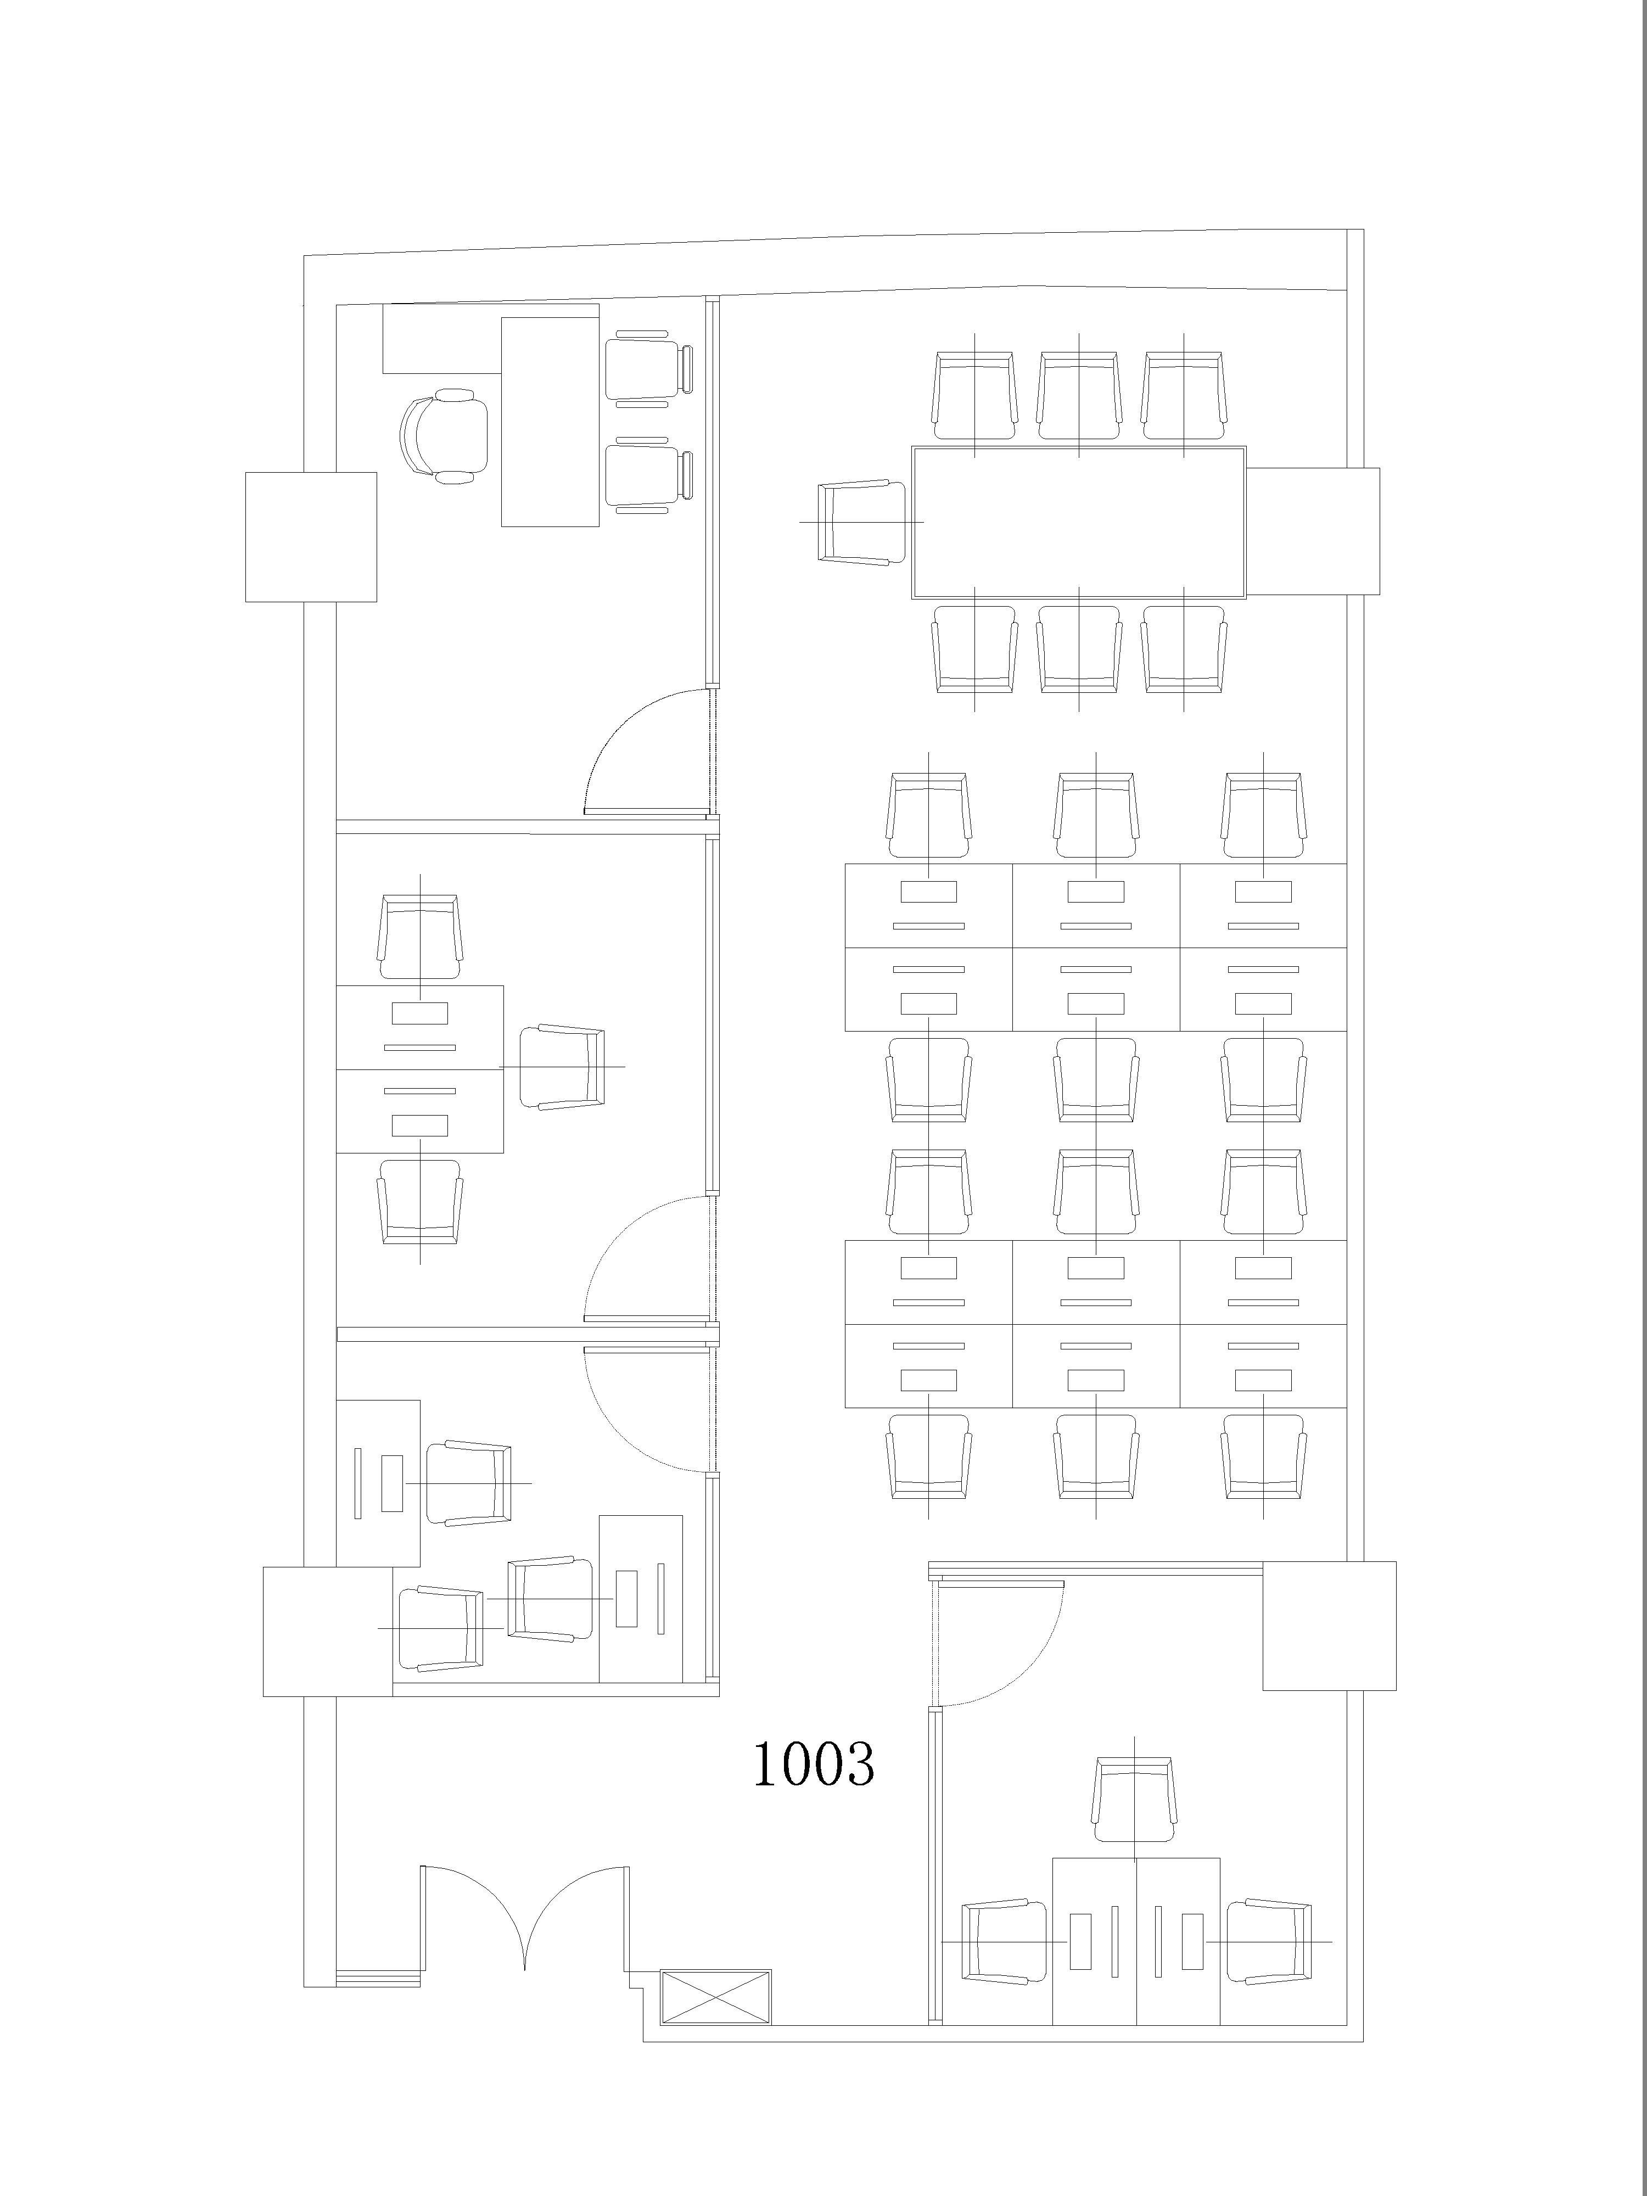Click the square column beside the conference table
[x=1313, y=531]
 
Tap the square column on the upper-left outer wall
[x=311, y=536]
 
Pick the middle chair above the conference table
[x=1079, y=395]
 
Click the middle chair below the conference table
[x=1079, y=649]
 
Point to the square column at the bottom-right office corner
[x=1329, y=1625]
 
